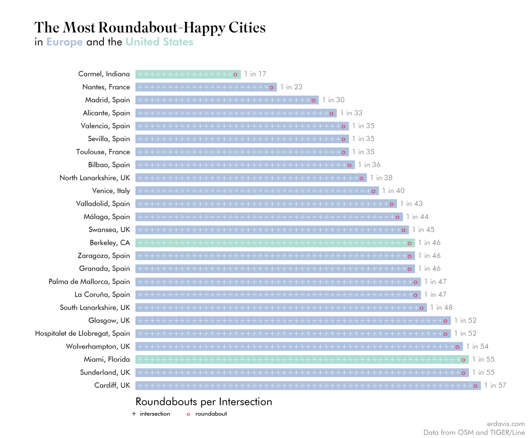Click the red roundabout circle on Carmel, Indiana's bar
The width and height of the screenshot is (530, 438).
click(x=235, y=74)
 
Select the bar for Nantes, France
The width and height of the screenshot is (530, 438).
click(x=206, y=87)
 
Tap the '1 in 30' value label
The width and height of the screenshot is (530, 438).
click(x=333, y=100)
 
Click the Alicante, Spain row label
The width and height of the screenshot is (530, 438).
click(x=106, y=113)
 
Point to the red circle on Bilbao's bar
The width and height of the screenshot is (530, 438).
click(x=350, y=165)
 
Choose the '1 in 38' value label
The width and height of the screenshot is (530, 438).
click(x=381, y=178)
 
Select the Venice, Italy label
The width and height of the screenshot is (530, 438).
click(x=111, y=191)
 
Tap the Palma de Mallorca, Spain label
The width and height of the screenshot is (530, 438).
click(x=89, y=282)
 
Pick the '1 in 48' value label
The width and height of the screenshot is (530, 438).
click(x=441, y=307)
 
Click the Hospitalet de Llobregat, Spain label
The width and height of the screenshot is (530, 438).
click(x=82, y=333)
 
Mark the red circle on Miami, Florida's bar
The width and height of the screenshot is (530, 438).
click(x=463, y=360)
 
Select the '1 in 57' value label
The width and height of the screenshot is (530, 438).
click(x=495, y=385)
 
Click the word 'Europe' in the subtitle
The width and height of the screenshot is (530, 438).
click(x=64, y=42)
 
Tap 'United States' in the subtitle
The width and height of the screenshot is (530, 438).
click(x=159, y=42)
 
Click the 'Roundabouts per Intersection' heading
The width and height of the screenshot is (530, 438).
click(x=204, y=402)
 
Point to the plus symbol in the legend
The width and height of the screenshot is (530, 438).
click(x=134, y=414)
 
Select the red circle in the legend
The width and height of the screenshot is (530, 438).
click(x=188, y=414)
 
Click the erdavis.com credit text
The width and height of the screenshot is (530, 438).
click(x=505, y=424)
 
